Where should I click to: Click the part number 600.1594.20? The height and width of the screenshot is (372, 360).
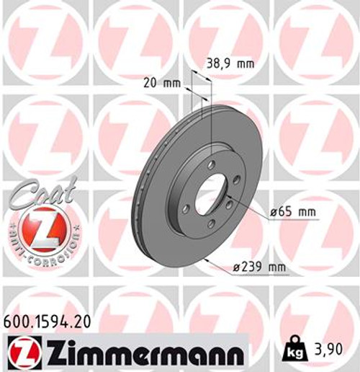(x=48, y=322)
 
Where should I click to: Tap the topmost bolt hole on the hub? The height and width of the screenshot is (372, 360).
(x=211, y=166)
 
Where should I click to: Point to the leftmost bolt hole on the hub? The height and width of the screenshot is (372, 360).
(x=186, y=208)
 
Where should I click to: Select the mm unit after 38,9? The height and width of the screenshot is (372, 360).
(x=246, y=63)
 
